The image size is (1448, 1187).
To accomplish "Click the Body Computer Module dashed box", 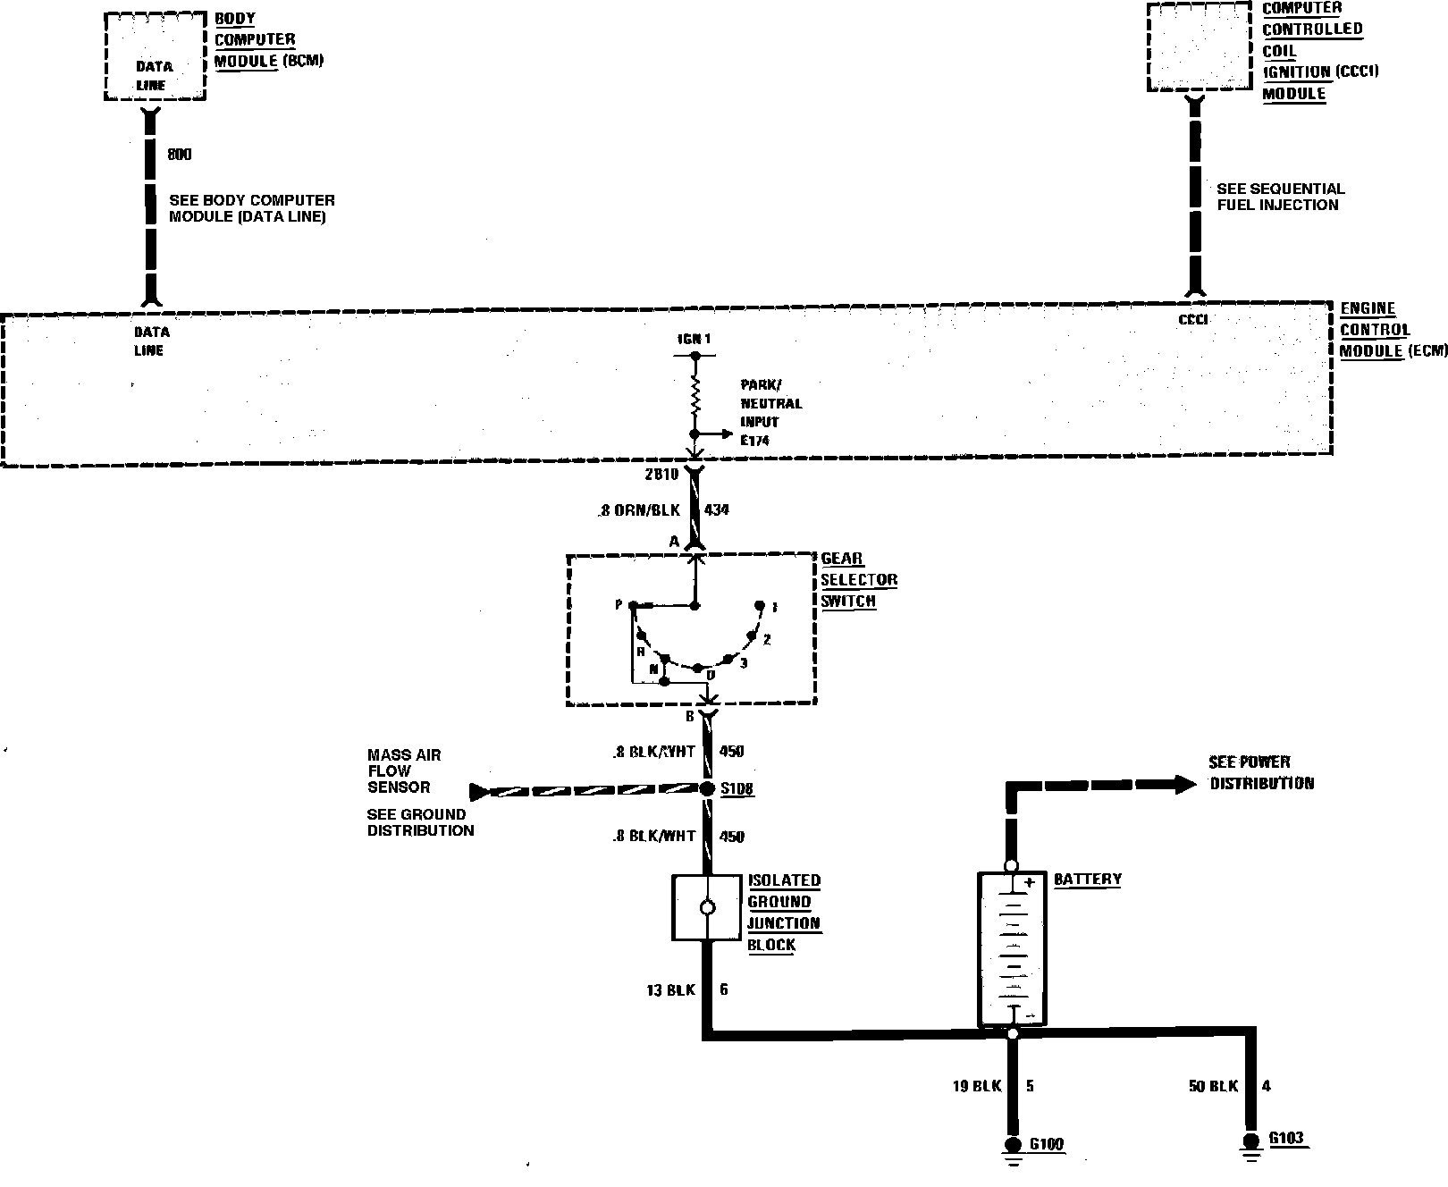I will (155, 55).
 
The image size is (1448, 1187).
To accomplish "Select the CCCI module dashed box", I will (1199, 47).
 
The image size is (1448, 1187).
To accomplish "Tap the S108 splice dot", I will (706, 788).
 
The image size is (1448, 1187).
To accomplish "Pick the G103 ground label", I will (1285, 1139).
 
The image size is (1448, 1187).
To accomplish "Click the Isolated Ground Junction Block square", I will (707, 907).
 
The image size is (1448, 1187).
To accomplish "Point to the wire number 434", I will (717, 510).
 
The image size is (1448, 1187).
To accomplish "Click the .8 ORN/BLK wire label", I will (639, 510).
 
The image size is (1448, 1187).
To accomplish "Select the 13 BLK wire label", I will (669, 989).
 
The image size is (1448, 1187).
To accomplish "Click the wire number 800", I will (180, 155).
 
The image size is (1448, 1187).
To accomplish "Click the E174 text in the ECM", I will (755, 440).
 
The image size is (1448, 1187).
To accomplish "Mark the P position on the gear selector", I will (619, 605).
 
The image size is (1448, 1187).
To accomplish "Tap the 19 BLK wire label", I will (977, 1086).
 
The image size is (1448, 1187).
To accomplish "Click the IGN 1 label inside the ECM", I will (695, 340).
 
